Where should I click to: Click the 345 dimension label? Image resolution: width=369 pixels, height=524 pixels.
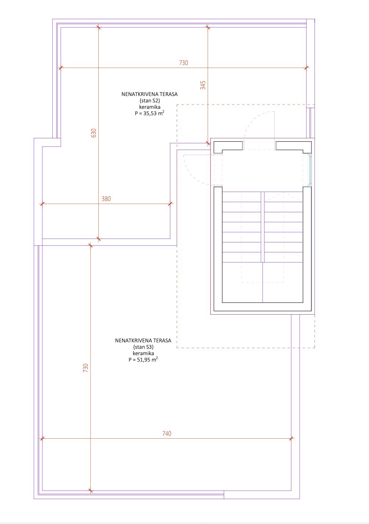203,85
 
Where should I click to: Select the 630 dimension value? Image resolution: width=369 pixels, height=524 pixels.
93,133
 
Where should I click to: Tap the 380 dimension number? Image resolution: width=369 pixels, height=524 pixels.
106,199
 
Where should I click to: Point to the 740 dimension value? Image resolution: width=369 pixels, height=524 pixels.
167,433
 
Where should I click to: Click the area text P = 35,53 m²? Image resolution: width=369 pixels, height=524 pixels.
150,113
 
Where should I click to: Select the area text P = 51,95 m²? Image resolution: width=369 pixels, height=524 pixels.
143,359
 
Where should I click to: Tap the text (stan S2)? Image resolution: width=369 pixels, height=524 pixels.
150,101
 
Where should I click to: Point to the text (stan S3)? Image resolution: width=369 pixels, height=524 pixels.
143,347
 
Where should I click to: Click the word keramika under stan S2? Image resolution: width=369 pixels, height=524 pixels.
150,107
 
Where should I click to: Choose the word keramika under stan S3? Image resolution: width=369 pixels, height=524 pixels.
143,353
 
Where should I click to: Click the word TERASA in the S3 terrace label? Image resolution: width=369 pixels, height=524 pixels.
163,341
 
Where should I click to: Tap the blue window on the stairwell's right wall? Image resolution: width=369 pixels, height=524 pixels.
310,170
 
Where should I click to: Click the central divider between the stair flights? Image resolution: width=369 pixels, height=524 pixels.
263,227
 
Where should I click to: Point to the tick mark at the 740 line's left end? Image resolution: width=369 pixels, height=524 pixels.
42,438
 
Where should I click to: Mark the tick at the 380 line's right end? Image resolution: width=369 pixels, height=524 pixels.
171,204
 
